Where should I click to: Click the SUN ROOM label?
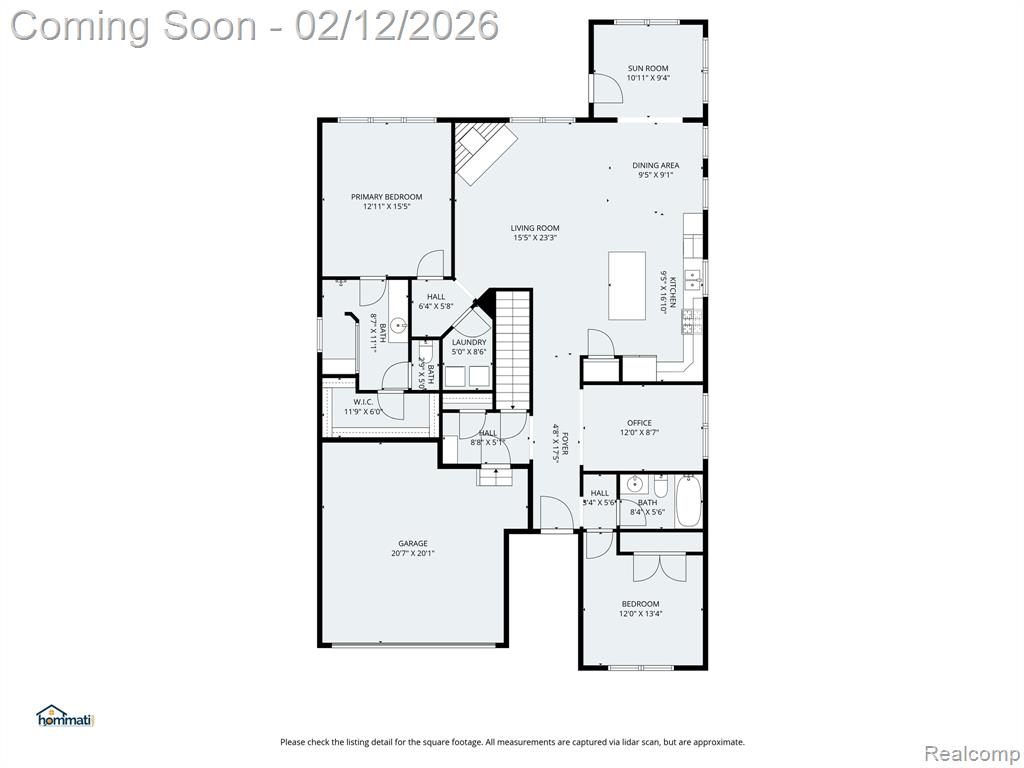tap(647, 68)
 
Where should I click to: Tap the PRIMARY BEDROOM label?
tap(386, 197)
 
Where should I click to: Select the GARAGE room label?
tap(412, 544)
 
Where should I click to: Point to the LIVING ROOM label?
tap(535, 228)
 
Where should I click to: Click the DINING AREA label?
tap(655, 165)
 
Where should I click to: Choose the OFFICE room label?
tap(639, 423)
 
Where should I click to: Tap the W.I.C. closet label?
tap(362, 402)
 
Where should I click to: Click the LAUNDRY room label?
tap(469, 342)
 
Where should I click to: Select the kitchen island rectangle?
tap(628, 286)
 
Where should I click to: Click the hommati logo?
tap(64, 715)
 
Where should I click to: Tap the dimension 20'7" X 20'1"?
tap(412, 554)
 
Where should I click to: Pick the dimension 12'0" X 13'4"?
tap(640, 614)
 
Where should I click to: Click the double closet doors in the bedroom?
tap(660, 567)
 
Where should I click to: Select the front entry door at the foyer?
tap(556, 515)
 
